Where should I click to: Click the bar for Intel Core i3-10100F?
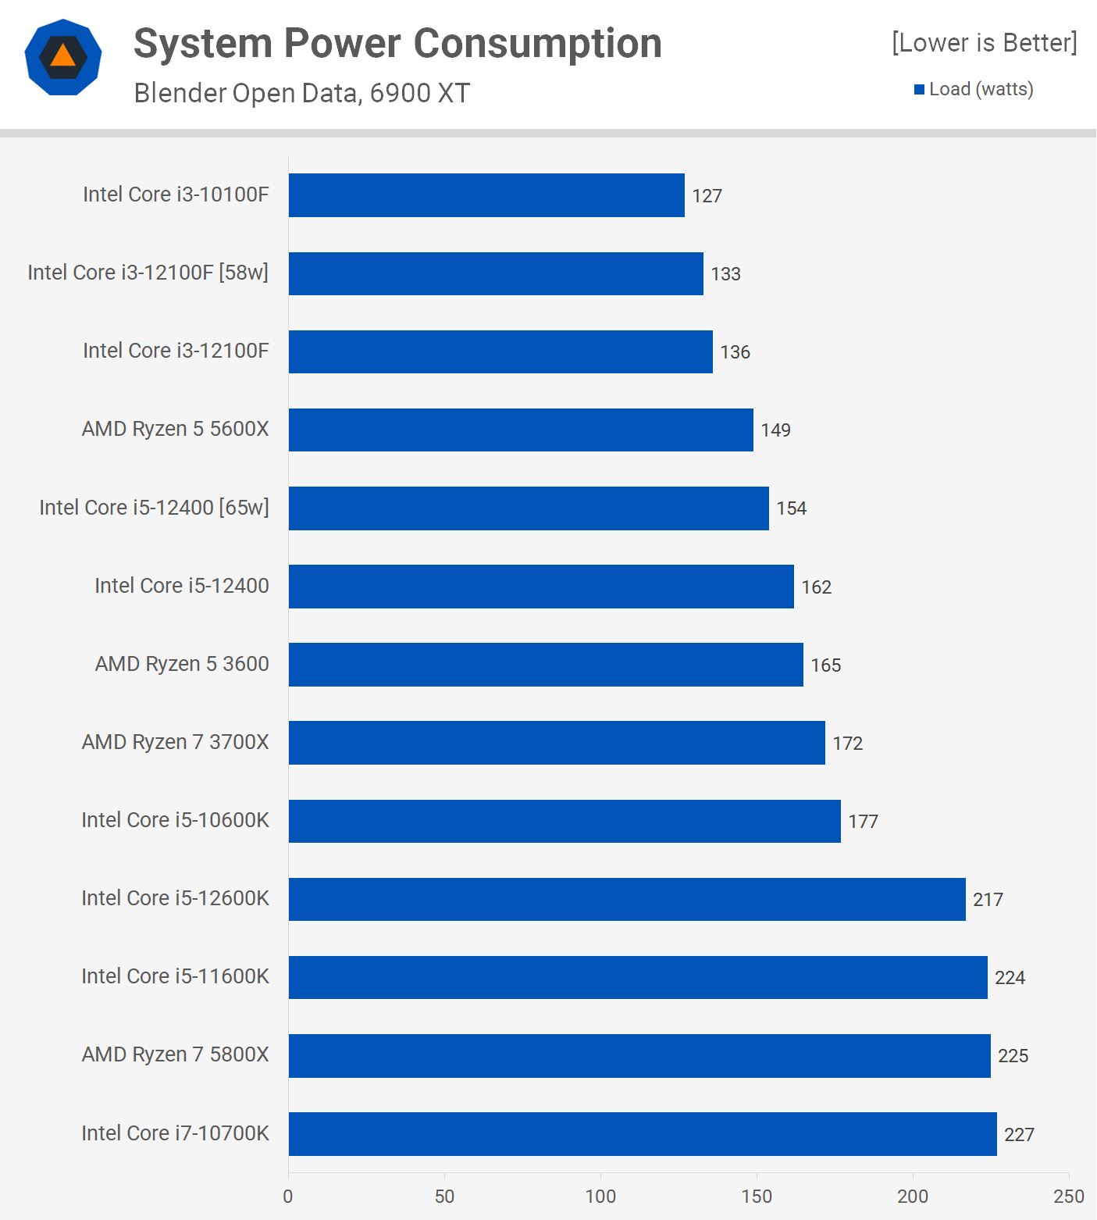pos(486,195)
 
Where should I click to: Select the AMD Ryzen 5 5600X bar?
pos(521,430)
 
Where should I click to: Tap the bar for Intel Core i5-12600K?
pos(627,899)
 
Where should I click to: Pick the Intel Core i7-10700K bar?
pos(643,1134)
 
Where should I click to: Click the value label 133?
pos(725,274)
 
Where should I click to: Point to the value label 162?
pos(816,587)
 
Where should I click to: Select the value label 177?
pos(863,822)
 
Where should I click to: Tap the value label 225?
pos(1013,1056)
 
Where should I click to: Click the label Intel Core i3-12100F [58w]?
pos(148,273)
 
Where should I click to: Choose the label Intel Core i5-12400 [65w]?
pos(154,508)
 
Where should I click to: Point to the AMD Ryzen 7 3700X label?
pos(175,742)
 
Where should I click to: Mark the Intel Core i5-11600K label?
pos(175,976)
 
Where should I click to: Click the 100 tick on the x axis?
pos(600,1197)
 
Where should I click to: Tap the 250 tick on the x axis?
pos(1068,1197)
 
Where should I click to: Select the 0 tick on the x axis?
pos(288,1197)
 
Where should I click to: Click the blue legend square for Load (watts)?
pos(919,90)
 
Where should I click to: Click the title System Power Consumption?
pos(397,44)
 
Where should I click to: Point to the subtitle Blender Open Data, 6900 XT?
pos(302,93)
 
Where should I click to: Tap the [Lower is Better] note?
pos(984,42)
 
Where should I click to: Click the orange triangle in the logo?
pos(63,56)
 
